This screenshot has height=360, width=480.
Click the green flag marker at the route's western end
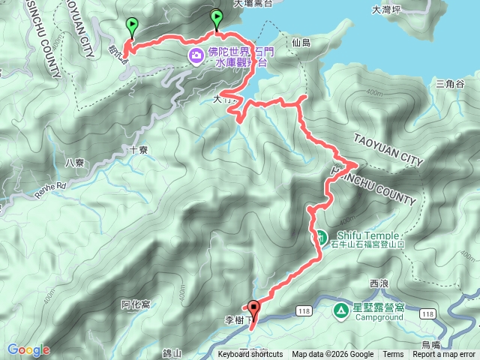133,26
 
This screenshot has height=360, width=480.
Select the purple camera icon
196,55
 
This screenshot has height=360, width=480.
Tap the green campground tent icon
340,308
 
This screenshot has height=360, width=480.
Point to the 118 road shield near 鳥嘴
427,313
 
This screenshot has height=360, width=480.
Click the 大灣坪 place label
387,10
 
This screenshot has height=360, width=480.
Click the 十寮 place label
139,149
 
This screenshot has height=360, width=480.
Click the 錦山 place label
172,352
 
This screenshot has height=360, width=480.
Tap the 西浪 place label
380,283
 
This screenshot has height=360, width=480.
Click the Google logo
28,349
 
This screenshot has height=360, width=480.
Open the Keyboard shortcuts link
250,355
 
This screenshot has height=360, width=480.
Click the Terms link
393,355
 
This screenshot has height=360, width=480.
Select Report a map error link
444,355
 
